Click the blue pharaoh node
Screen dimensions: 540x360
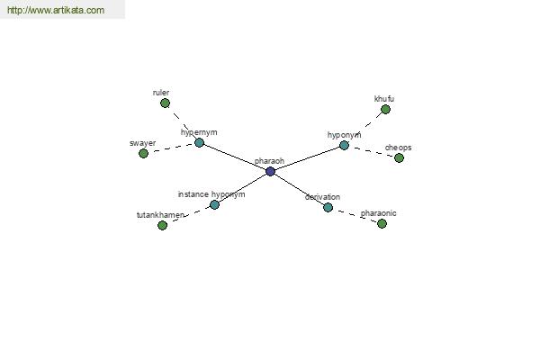coord(270,171)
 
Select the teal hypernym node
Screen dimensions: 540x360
coord(199,142)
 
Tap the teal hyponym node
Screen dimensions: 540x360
coord(344,146)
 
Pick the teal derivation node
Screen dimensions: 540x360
coord(328,207)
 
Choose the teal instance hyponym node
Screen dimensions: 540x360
coord(214,205)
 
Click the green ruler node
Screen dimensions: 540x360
coord(166,103)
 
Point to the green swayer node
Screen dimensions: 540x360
coord(144,154)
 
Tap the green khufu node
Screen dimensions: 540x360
coord(386,110)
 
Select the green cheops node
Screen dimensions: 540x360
coord(399,158)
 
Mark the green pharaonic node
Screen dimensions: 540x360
coord(382,224)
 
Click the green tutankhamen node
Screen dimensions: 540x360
coord(163,226)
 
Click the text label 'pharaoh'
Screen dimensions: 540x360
coord(269,161)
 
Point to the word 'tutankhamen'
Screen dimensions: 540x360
coord(160,215)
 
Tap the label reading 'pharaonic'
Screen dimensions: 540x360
coord(379,213)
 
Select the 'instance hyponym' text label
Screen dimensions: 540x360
coord(211,194)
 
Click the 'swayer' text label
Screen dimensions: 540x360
coord(142,143)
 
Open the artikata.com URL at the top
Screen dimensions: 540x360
coord(56,10)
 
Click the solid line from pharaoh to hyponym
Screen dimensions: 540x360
coord(307,158)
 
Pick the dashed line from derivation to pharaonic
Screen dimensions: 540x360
coord(355,216)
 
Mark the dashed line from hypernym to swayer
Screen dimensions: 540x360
coord(172,148)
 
